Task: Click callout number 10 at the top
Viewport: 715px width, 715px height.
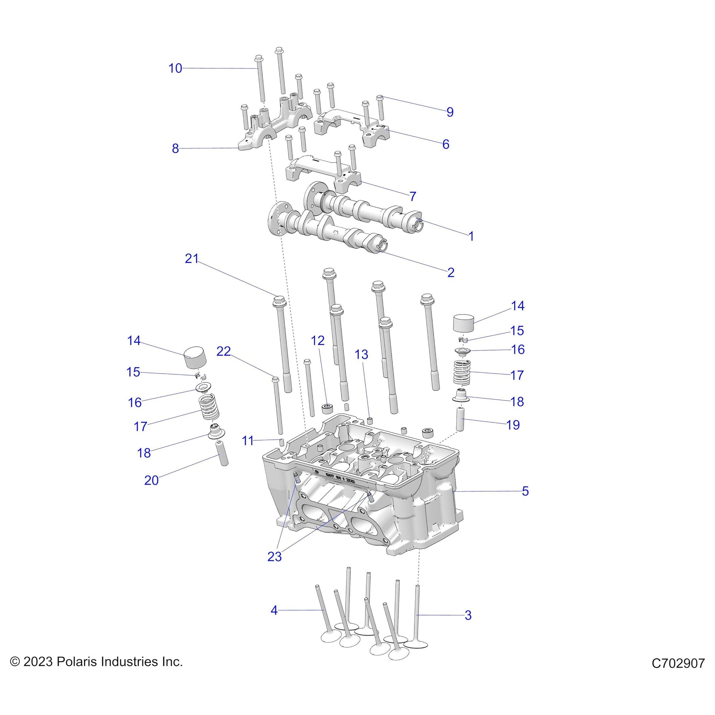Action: (x=175, y=68)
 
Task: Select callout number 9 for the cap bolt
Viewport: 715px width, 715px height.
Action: (x=450, y=112)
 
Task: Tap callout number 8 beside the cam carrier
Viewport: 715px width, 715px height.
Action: (x=175, y=148)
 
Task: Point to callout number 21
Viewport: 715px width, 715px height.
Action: (x=192, y=259)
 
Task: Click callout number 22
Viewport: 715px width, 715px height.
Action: (x=223, y=351)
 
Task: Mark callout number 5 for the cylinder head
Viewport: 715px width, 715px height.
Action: (x=525, y=491)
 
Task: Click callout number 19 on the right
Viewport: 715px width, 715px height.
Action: (x=513, y=425)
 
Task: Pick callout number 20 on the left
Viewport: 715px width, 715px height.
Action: (x=151, y=480)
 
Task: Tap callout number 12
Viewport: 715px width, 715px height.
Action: (x=318, y=341)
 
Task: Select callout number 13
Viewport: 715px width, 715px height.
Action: (x=361, y=355)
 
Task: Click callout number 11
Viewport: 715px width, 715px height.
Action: (x=248, y=441)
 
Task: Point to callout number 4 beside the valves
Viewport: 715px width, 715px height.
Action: (x=274, y=610)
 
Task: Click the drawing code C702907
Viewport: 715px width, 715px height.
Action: (x=678, y=663)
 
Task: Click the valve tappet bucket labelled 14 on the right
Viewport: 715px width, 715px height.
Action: (x=464, y=324)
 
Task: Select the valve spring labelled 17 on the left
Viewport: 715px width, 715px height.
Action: (x=209, y=407)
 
